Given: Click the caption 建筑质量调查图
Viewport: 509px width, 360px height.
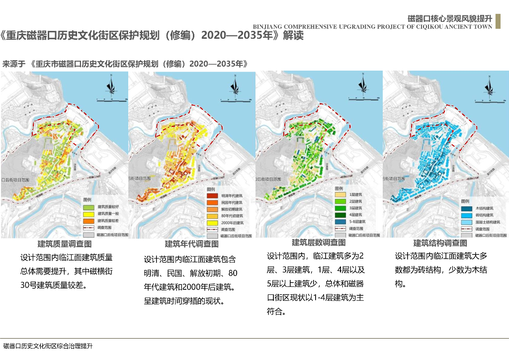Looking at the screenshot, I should pos(65,244).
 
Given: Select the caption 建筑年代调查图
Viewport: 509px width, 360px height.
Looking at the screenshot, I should pos(192,244).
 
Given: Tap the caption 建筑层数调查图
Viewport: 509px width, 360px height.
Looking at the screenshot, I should pos(319,243).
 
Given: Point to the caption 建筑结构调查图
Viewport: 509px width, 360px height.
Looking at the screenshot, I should pos(440,243).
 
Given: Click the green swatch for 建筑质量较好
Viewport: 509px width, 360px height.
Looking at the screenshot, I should pos(88,206).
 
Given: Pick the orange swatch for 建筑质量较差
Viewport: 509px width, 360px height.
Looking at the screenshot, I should pos(88,220).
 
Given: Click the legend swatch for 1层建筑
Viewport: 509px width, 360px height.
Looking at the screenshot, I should pos(340,194).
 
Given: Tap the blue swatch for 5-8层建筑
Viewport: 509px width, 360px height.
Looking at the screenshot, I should pos(340,221).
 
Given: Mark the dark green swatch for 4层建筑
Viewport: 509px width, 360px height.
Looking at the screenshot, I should pos(340,214).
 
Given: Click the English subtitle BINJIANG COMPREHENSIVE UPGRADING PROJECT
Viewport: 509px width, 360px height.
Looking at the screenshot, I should pos(372,27).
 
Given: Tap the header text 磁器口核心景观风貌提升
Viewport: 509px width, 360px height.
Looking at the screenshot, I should pos(450,18).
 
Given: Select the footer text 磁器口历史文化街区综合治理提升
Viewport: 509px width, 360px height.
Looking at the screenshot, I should pos(48,346).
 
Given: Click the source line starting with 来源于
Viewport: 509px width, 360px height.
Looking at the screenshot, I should pos(125,64).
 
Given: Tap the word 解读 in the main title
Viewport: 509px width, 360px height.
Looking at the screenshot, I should pos(293,36).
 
